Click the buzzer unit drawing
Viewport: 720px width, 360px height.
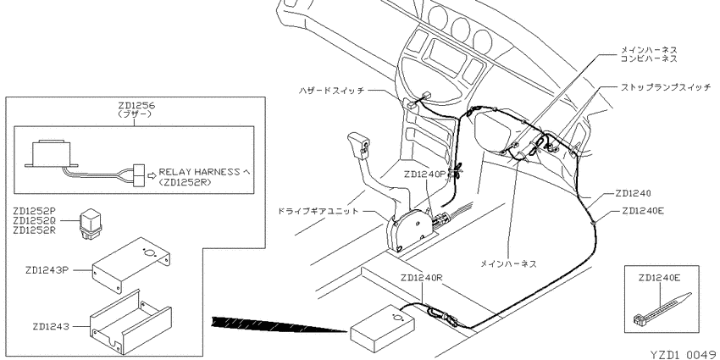coord(51,153)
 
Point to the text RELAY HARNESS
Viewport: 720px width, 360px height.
coord(199,172)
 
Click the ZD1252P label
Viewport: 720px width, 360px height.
coord(35,211)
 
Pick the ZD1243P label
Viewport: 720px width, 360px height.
coord(47,270)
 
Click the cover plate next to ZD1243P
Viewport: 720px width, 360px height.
coord(132,265)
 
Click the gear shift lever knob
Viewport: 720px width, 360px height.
coord(359,144)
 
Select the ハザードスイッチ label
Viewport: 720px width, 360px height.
coord(331,91)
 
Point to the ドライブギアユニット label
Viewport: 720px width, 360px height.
coord(318,211)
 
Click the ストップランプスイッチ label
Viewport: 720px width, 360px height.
coord(665,86)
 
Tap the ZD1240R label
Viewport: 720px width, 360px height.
coord(422,278)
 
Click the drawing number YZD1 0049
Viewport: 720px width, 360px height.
coord(684,354)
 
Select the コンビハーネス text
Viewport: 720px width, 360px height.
coord(649,58)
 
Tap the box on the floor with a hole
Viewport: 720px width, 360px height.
coord(382,329)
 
